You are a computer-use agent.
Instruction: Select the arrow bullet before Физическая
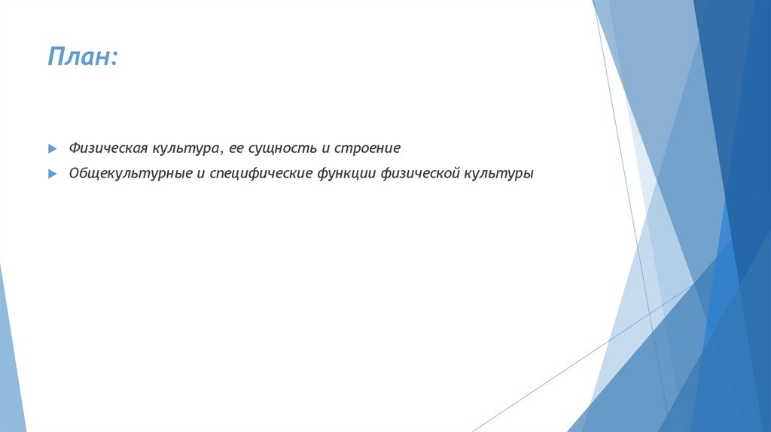pos(52,148)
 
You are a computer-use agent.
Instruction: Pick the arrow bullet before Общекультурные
pos(52,173)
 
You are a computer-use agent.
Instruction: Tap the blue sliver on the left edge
pos(11,361)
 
